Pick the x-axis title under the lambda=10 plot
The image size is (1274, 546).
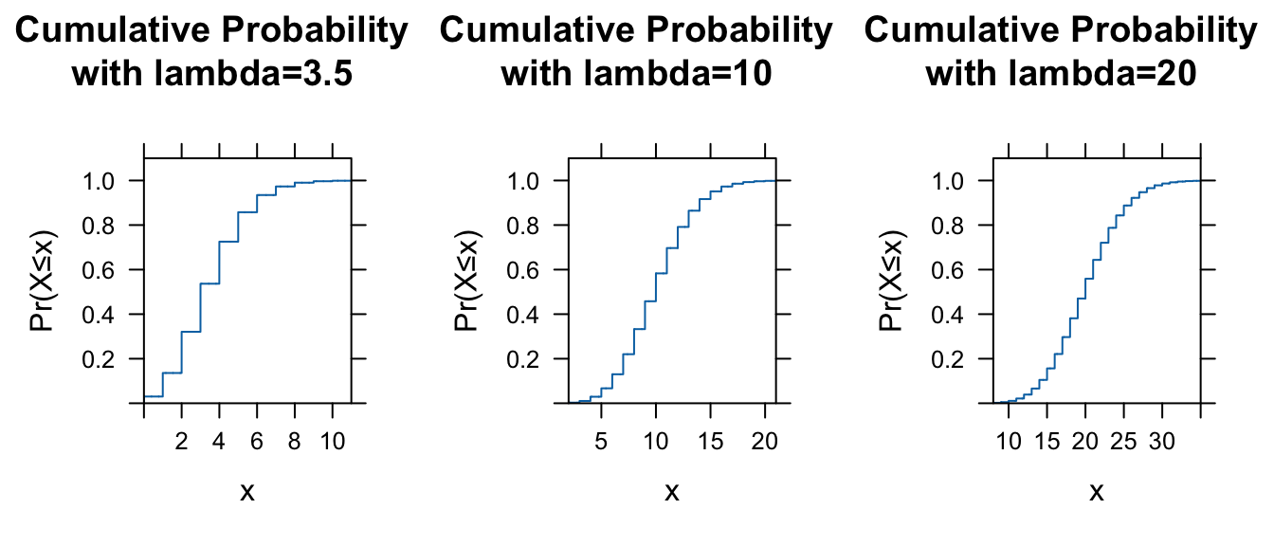click(x=672, y=491)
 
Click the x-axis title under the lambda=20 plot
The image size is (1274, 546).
click(x=1097, y=491)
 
